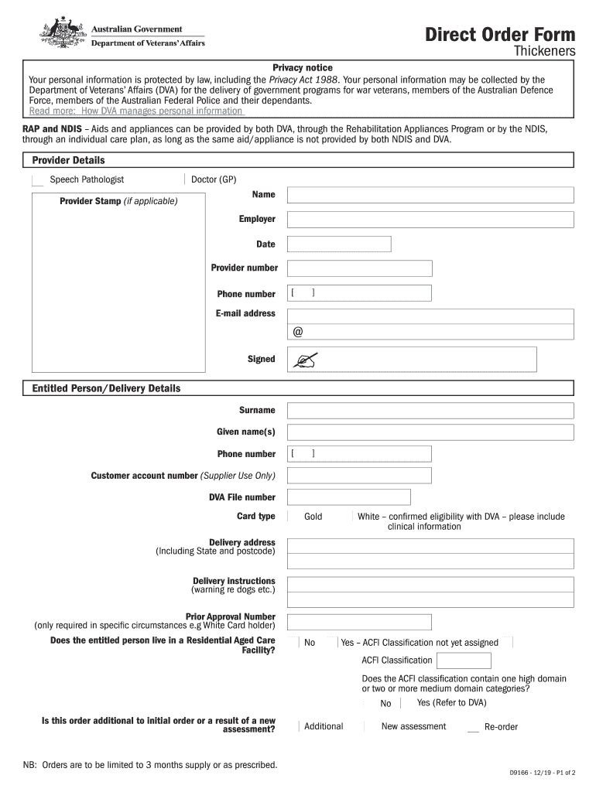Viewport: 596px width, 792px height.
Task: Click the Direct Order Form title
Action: [500, 35]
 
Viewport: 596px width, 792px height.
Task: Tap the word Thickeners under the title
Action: [545, 52]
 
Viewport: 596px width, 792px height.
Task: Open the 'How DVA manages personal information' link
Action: [135, 111]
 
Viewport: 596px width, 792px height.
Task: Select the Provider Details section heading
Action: [68, 160]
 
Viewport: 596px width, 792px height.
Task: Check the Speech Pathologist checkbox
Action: [37, 180]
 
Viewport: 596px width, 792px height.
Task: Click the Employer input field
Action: [430, 220]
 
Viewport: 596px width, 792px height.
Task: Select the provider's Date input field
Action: [339, 244]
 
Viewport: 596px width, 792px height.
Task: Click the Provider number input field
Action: [359, 268]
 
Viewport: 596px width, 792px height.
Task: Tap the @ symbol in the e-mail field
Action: [298, 332]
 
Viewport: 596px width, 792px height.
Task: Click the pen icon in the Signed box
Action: [305, 359]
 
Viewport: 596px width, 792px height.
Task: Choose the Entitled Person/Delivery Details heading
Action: [106, 388]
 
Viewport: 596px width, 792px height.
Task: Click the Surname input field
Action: [430, 411]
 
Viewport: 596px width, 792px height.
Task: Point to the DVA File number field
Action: [348, 497]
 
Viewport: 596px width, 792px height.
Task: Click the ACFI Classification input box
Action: [464, 661]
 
